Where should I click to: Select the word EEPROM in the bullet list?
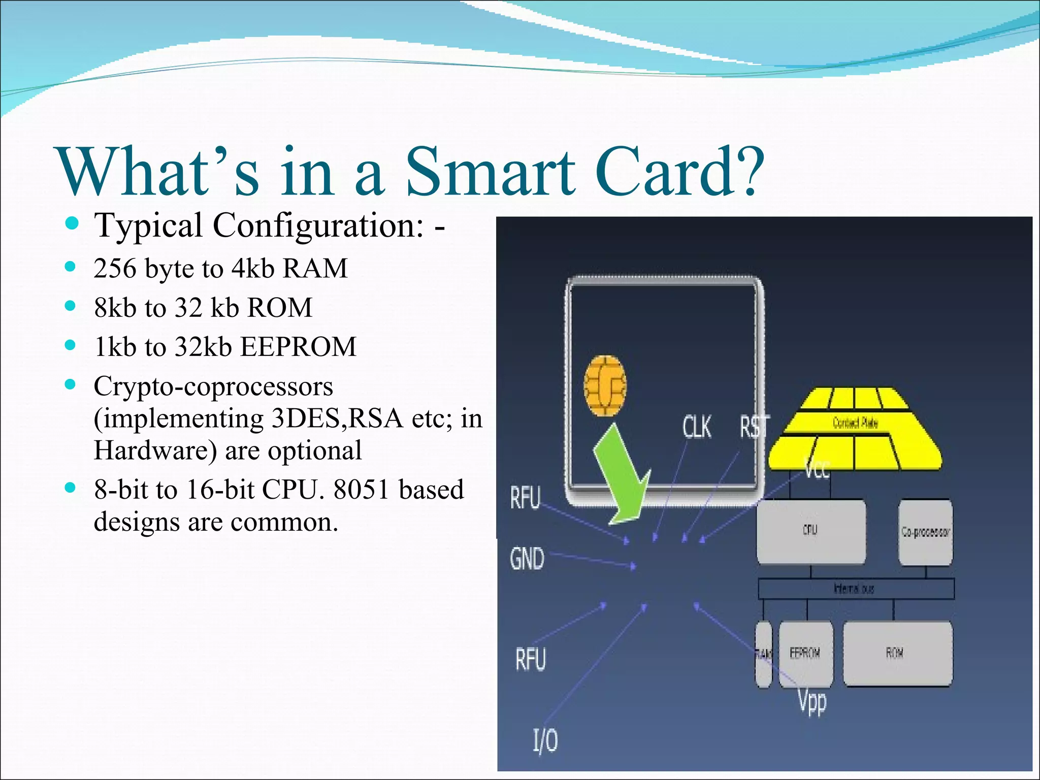coord(298,347)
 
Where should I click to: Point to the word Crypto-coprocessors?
coord(213,387)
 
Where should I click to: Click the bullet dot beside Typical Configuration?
coord(72,223)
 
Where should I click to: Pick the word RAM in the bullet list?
coord(315,268)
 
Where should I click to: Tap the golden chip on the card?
coord(605,385)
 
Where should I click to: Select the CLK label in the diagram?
coord(697,427)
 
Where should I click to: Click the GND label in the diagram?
coord(527,559)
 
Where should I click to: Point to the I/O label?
coord(545,740)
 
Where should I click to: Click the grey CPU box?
coord(810,531)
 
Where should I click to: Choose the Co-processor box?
coord(925,532)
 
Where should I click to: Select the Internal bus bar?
coord(856,589)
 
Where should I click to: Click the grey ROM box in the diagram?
coord(897,654)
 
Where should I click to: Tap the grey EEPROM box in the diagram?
coord(805,654)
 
